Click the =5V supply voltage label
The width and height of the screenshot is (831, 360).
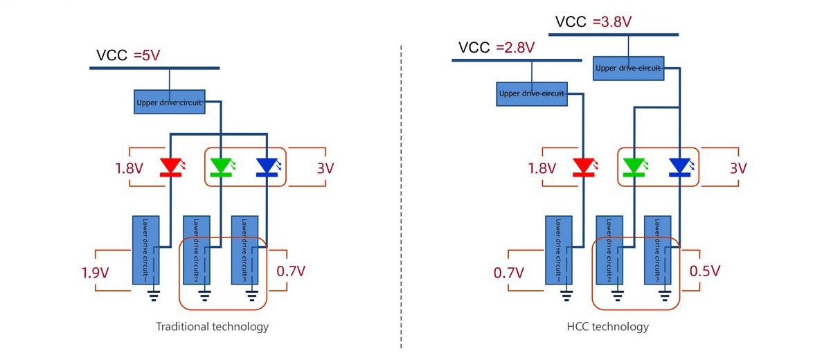pyautogui.click(x=147, y=55)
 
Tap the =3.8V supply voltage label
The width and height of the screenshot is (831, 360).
pyautogui.click(x=612, y=21)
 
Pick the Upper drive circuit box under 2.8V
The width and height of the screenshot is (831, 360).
pyautogui.click(x=532, y=93)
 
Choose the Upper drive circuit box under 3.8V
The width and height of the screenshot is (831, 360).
pyautogui.click(x=629, y=68)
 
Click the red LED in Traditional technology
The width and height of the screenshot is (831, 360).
pyautogui.click(x=170, y=167)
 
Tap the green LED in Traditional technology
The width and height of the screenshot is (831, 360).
pyautogui.click(x=220, y=167)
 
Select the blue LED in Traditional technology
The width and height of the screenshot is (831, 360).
pyautogui.click(x=267, y=167)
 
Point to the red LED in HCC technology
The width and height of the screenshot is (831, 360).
pyautogui.click(x=584, y=167)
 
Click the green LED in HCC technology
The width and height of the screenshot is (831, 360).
pyautogui.click(x=634, y=167)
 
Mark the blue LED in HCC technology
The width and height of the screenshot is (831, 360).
pyautogui.click(x=680, y=167)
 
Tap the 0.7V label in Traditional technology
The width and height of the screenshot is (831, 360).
pyautogui.click(x=291, y=271)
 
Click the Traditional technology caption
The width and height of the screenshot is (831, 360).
pyautogui.click(x=212, y=326)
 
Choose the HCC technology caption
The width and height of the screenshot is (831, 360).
pyautogui.click(x=608, y=326)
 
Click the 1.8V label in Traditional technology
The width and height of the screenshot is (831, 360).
pyautogui.click(x=129, y=168)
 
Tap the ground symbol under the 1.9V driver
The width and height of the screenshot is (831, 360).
pyautogui.click(x=154, y=296)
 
